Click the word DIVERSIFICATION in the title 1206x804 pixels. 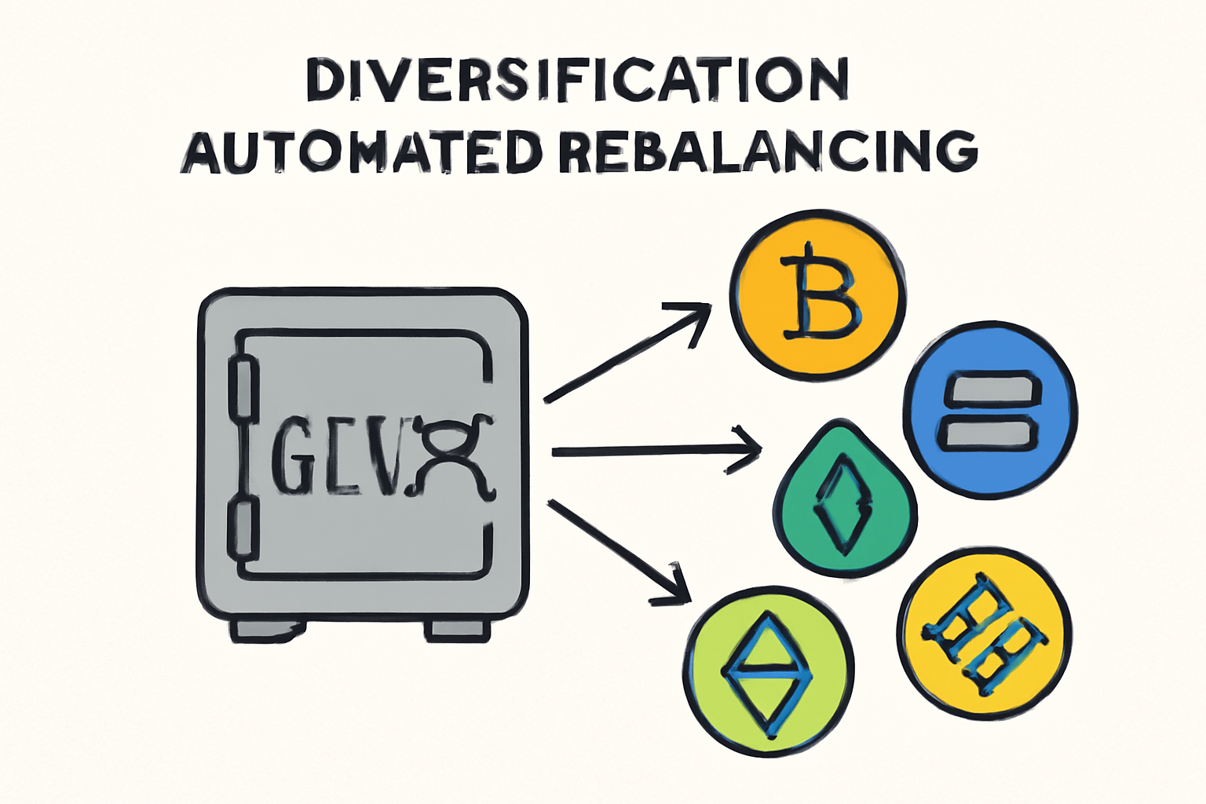click(x=577, y=79)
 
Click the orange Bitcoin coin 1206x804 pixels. click(x=817, y=294)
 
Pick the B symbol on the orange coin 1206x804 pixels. click(x=819, y=296)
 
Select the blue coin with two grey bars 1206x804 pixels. click(x=990, y=410)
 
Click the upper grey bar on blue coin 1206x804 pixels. click(x=991, y=389)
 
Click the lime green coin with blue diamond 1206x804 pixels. click(x=768, y=671)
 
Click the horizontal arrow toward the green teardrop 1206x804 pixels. click(x=656, y=451)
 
